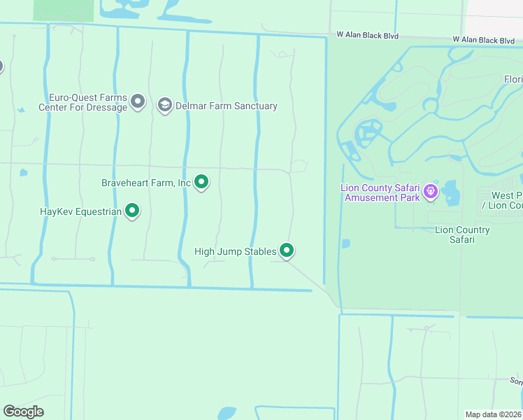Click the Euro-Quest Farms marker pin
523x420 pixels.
(138, 102)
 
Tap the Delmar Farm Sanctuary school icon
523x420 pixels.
(164, 106)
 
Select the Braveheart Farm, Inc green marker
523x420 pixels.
(201, 183)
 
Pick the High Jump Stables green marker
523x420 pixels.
(287, 251)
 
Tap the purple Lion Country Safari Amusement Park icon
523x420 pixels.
(431, 190)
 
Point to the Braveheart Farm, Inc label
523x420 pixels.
(146, 183)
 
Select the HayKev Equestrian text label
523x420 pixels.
(80, 211)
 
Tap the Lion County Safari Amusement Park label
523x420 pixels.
(380, 192)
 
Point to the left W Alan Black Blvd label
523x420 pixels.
(368, 34)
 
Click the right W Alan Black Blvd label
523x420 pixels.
(485, 40)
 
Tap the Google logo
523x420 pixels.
(24, 412)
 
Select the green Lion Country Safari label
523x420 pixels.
(462, 234)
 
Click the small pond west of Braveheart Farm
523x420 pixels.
(24, 172)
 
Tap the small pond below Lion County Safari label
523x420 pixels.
(346, 244)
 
